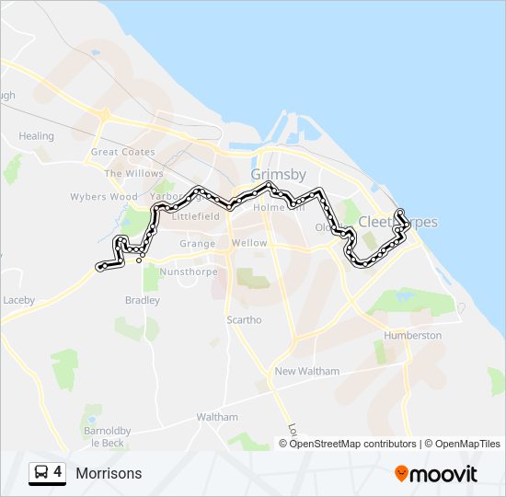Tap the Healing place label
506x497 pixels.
37,136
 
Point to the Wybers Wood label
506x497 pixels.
104,197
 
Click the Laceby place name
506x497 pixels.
17,300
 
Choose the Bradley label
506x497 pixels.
142,300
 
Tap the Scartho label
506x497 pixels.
244,320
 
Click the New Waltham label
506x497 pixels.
307,371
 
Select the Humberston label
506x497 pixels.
413,336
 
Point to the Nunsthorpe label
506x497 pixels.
185,272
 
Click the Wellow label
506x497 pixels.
249,243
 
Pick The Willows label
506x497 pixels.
133,173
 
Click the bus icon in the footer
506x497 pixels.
40,473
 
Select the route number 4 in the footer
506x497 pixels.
58,473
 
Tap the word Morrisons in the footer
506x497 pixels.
109,474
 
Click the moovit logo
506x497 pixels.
436,474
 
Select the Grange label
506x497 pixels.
197,244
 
